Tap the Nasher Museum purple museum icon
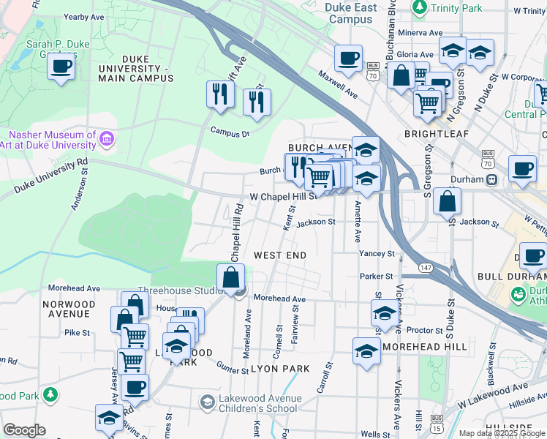tap(107, 138)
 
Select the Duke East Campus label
tap(351, 13)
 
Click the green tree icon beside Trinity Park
tap(419, 8)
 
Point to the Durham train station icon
tap(493, 179)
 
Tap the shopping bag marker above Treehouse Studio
tap(231, 278)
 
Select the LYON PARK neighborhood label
tap(280, 369)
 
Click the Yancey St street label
tap(377, 254)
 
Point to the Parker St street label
tap(377, 276)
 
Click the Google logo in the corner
tap(24, 430)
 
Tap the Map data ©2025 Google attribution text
tap(501, 433)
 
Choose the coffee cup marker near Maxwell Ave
tap(348, 58)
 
